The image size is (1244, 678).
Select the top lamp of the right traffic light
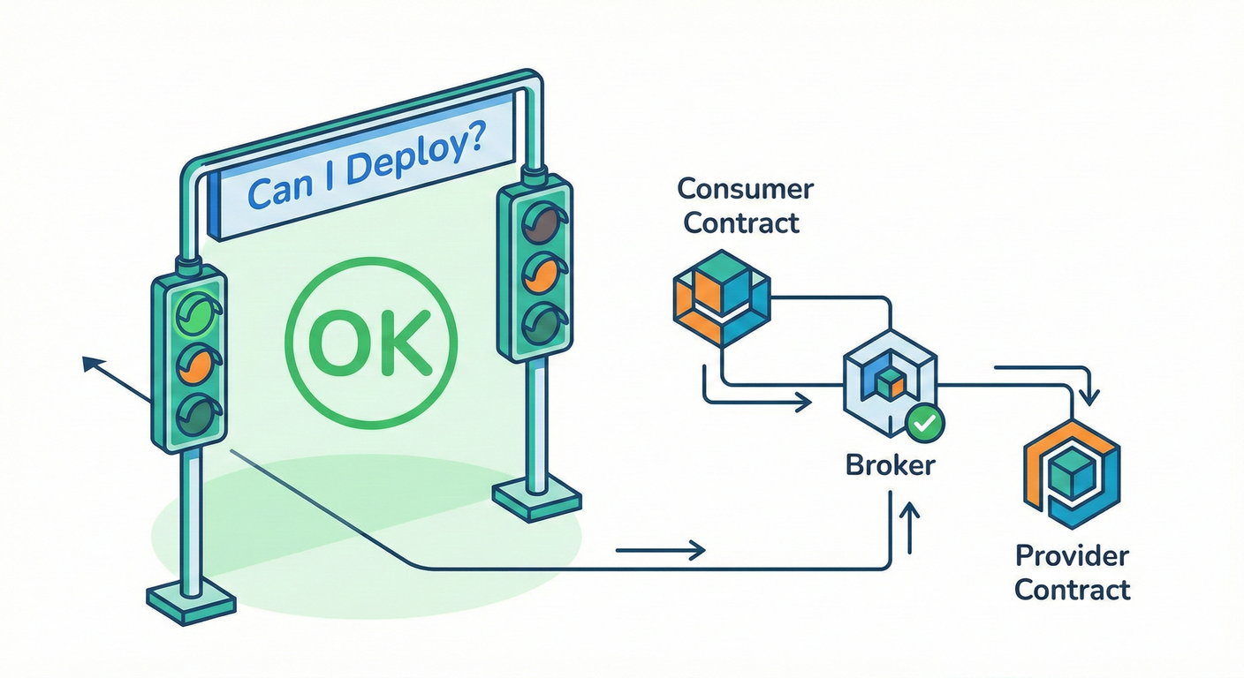point(540,222)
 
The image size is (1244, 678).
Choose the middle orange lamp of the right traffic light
point(540,273)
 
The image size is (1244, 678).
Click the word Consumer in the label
point(745,188)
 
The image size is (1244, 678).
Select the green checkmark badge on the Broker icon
point(925,423)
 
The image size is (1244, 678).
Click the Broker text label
point(890,464)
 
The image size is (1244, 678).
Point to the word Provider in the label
point(1072,556)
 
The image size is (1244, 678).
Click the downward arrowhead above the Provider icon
point(1090,398)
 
